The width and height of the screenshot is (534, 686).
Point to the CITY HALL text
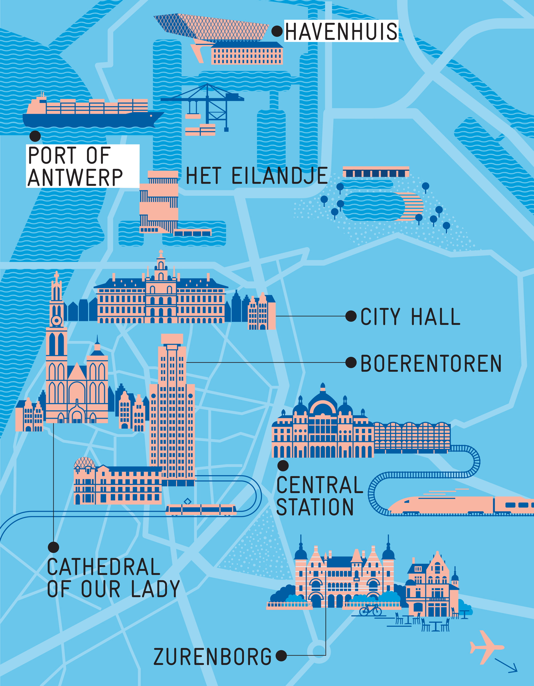point(410,317)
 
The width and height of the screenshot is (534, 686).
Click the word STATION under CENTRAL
point(315,507)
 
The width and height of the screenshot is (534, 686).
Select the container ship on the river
point(91,113)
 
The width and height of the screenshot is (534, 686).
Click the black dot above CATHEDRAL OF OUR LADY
point(53,547)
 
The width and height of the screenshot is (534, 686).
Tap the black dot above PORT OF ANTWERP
point(35,136)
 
